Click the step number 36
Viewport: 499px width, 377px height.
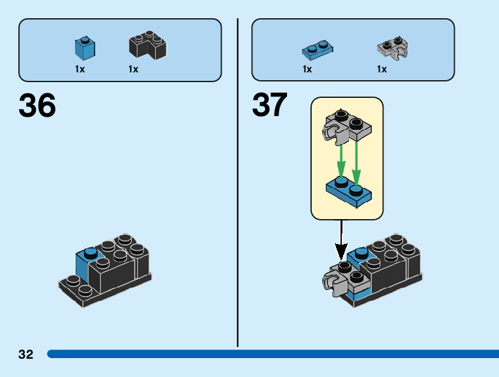point(37,106)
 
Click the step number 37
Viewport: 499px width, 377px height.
point(269,106)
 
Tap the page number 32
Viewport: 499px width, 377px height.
point(25,355)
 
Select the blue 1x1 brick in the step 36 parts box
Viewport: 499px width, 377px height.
point(85,48)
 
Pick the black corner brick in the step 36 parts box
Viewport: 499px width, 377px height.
point(147,47)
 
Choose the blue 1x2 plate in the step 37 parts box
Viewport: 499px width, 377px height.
point(318,48)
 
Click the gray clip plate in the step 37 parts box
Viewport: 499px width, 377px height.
point(392,47)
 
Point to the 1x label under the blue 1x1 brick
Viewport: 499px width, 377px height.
point(80,69)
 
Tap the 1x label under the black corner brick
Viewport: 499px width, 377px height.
point(133,69)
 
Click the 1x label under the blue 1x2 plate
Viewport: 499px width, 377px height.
point(307,69)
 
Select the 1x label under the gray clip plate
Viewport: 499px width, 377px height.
point(382,69)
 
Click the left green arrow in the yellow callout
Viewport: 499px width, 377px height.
point(340,158)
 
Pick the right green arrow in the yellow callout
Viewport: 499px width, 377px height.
point(356,158)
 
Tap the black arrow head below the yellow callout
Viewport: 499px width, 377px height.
point(340,252)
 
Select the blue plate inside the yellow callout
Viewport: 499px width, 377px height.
point(348,192)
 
